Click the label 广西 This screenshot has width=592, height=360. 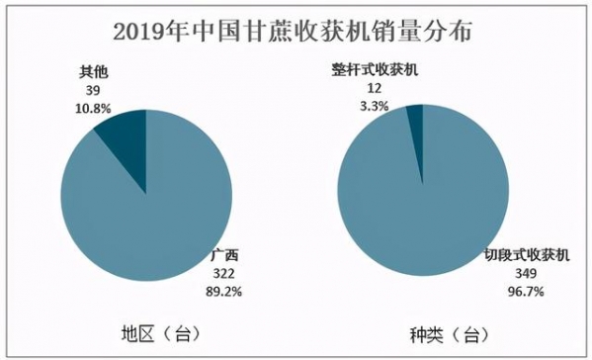tap(226, 255)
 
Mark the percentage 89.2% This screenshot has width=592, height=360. tap(227, 291)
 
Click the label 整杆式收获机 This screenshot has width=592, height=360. tap(376, 69)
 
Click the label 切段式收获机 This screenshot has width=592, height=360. tap(526, 254)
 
